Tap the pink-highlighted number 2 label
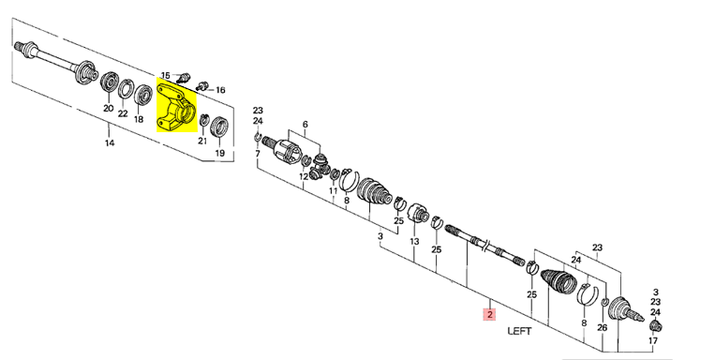click(490, 314)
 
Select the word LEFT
click(519, 331)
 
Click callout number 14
click(109, 142)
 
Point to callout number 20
click(108, 109)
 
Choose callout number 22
click(123, 113)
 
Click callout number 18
click(139, 119)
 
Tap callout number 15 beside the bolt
click(165, 75)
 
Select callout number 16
click(220, 90)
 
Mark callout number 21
click(202, 141)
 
